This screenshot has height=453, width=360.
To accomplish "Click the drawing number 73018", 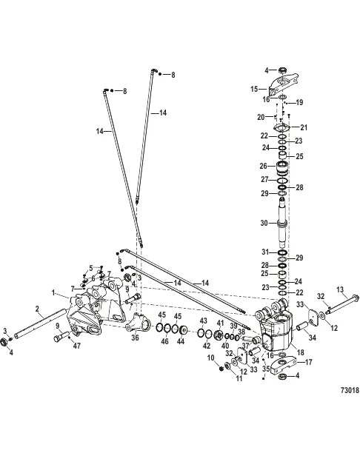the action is point(350,390).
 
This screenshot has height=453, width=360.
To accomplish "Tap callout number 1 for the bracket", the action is point(53,293).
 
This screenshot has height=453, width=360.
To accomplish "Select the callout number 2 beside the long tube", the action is point(37,309).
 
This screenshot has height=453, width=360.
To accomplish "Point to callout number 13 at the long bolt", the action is point(340,289).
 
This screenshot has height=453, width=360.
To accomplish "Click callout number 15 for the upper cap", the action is point(254,89).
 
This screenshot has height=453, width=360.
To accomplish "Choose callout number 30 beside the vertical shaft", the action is point(264,223).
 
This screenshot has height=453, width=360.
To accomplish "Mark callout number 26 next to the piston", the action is point(264,166).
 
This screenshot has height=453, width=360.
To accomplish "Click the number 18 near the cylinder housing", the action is point(301,352).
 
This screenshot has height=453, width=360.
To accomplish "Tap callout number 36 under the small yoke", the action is point(135,337).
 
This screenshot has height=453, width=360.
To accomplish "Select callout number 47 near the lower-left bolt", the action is point(76,346).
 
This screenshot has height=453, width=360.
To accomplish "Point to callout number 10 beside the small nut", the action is point(211,358).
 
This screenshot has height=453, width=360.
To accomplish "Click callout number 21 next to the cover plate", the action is point(304,127).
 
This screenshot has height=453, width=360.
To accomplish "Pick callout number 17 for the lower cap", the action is point(309,362).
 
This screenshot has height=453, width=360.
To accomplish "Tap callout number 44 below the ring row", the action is point(181,341).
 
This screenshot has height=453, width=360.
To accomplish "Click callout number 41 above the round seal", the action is point(221,323).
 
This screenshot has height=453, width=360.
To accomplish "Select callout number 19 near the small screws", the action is point(299,102).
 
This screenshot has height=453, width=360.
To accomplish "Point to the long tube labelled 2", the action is point(41,324).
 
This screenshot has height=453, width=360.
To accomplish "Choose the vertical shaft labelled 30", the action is point(282,223).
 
